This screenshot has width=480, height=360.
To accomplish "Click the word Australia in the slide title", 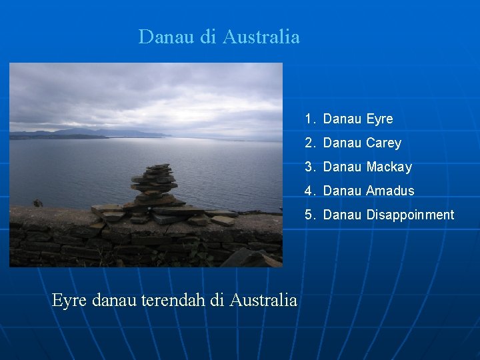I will pyautogui.click(x=261, y=37).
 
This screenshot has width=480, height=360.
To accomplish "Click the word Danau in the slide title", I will pyautogui.click(x=166, y=37).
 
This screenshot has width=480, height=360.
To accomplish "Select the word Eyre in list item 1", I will pyautogui.click(x=379, y=119).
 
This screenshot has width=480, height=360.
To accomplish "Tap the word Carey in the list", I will pyautogui.click(x=383, y=143).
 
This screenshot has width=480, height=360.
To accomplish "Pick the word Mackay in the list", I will pyautogui.click(x=389, y=167).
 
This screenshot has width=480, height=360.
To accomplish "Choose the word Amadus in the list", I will pyautogui.click(x=390, y=191).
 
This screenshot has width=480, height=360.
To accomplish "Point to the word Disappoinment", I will pyautogui.click(x=410, y=215).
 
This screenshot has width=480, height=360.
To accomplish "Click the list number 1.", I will pyautogui.click(x=309, y=119).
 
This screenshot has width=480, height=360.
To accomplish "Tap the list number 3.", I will pyautogui.click(x=309, y=167).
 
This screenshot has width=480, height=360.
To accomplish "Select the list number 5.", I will pyautogui.click(x=309, y=215).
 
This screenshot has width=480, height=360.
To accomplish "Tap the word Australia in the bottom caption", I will pyautogui.click(x=263, y=301).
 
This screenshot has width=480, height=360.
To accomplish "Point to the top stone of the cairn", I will pyautogui.click(x=159, y=167).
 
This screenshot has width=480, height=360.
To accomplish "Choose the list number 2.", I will pyautogui.click(x=309, y=143).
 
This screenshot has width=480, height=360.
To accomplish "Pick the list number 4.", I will pyautogui.click(x=309, y=191).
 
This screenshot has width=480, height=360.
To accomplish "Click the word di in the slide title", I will pyautogui.click(x=209, y=37).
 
